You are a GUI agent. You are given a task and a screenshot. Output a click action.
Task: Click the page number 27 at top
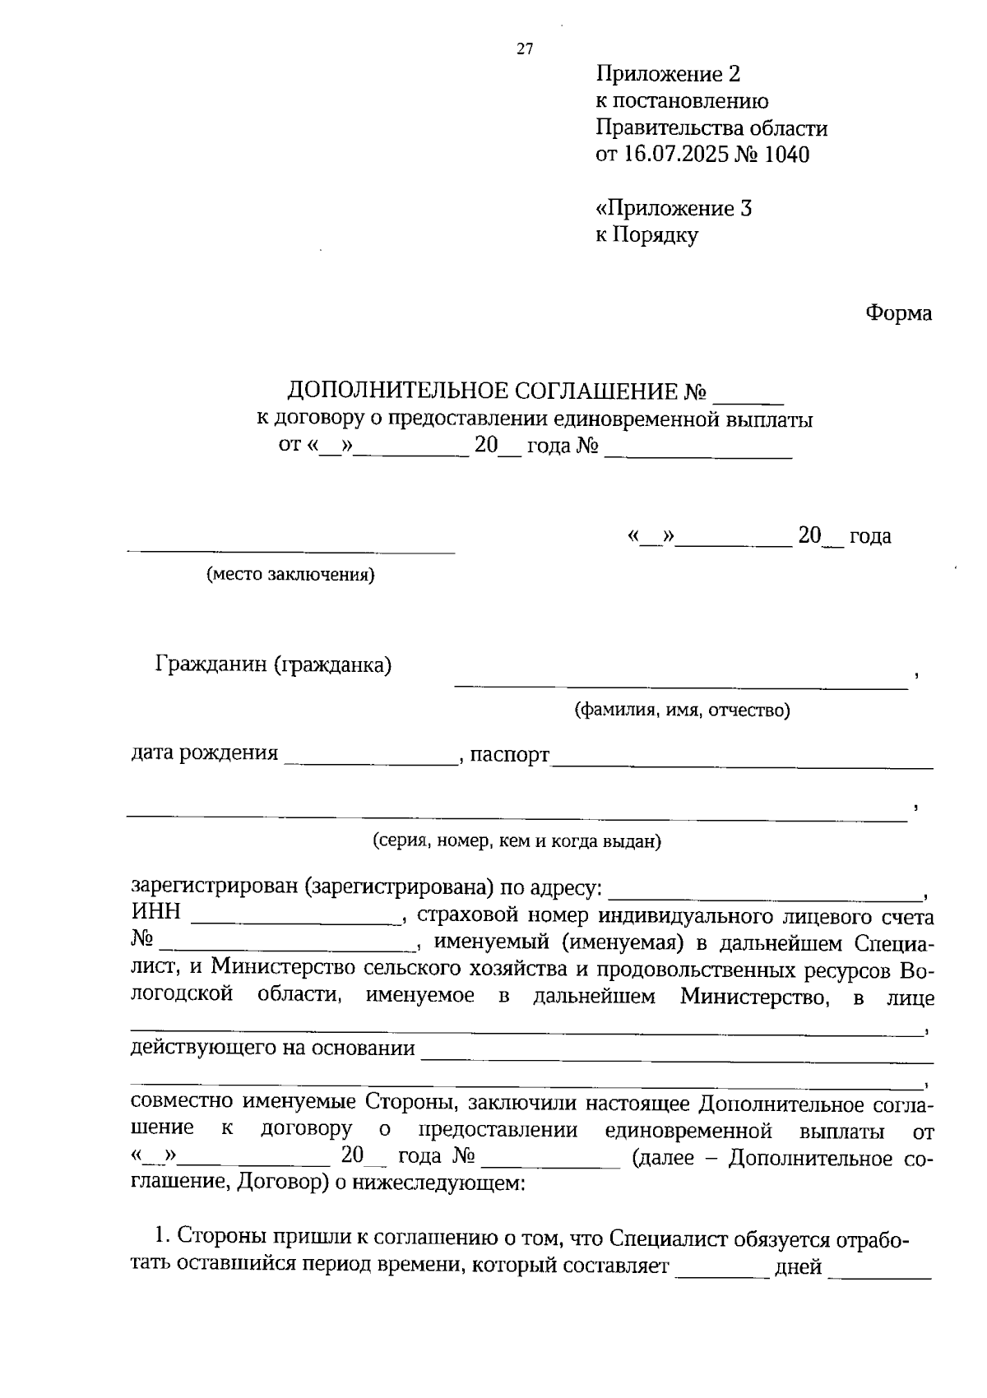pyautogui.click(x=525, y=49)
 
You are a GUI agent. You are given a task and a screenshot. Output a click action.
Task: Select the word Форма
pyautogui.click(x=898, y=313)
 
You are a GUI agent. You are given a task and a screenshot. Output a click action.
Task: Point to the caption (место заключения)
pyautogui.click(x=290, y=575)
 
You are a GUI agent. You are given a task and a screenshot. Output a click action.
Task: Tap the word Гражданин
pyautogui.click(x=211, y=664)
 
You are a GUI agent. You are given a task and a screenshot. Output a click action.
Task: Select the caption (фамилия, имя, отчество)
pyautogui.click(x=682, y=710)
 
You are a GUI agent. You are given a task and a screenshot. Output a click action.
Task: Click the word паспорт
pyautogui.click(x=509, y=754)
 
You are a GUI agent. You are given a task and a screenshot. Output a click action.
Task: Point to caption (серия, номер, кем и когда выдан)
pyautogui.click(x=517, y=841)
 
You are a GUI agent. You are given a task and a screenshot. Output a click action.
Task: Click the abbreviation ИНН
pyautogui.click(x=155, y=913)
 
